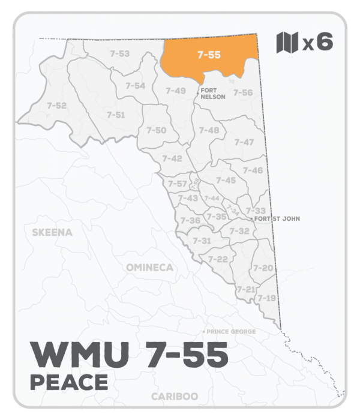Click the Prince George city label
[x=231, y=332]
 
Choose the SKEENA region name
[x=54, y=232]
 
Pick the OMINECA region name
[x=149, y=267]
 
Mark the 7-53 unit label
[x=120, y=54]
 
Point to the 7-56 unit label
[x=243, y=92]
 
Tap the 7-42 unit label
[x=172, y=158]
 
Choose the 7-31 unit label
[x=202, y=241]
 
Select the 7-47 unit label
[x=244, y=142]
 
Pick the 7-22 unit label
[x=217, y=259]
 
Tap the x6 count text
[x=317, y=44]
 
